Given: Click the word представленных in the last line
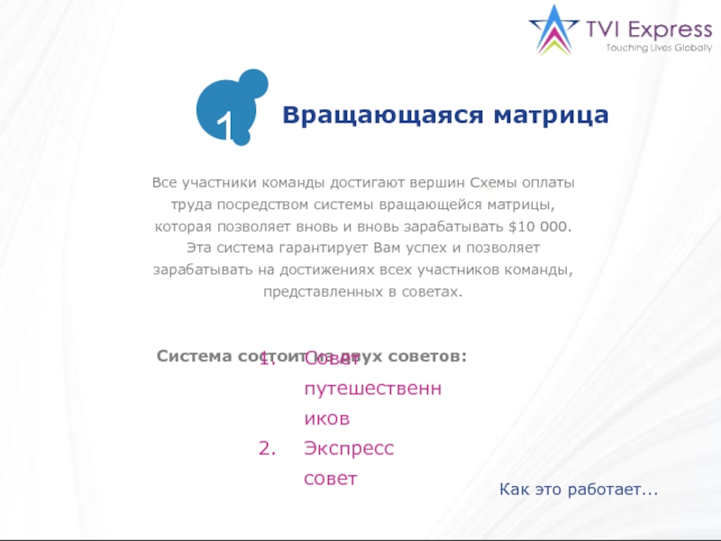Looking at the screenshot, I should [320, 291].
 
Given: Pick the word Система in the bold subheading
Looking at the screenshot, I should [196, 356].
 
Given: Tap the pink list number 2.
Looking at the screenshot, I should [266, 449].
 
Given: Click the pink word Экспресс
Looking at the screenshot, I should [349, 449].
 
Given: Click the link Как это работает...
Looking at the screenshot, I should [578, 489].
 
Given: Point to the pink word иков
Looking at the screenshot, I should [326, 419].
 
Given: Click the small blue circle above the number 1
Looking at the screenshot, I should [252, 84].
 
